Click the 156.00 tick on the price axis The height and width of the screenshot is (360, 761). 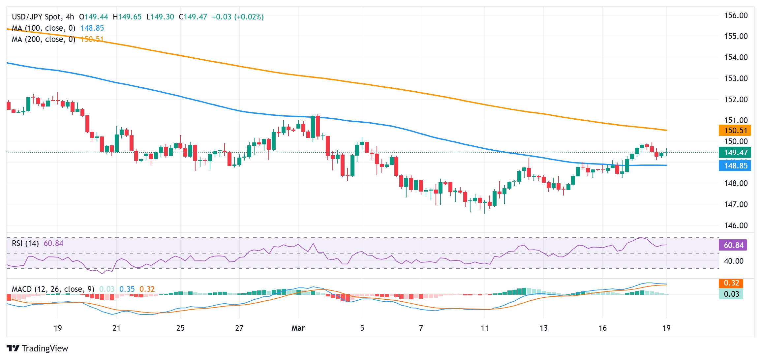736,15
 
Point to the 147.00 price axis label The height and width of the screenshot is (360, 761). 736,204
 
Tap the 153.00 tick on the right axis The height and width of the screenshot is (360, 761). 736,78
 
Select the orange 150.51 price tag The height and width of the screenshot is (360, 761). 735,131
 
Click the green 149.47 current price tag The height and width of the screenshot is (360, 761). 735,153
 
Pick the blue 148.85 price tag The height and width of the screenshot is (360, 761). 735,165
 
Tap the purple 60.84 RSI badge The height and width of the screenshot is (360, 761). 733,245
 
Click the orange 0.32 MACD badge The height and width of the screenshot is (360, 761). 731,283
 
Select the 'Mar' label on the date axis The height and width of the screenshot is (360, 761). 298,328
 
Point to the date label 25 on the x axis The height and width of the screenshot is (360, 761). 180,328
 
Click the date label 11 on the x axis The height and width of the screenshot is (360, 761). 484,328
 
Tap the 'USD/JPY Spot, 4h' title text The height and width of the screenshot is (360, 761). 43,17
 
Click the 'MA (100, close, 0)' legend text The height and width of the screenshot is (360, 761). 44,28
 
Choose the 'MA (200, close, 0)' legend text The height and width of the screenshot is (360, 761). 44,39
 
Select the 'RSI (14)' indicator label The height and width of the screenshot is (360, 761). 25,243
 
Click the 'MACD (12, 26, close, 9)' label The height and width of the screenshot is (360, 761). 53,289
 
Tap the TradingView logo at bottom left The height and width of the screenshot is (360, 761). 37,348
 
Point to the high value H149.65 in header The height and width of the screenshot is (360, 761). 127,17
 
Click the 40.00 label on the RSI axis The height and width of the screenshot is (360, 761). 733,261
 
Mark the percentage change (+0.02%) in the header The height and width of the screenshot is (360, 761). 249,17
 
